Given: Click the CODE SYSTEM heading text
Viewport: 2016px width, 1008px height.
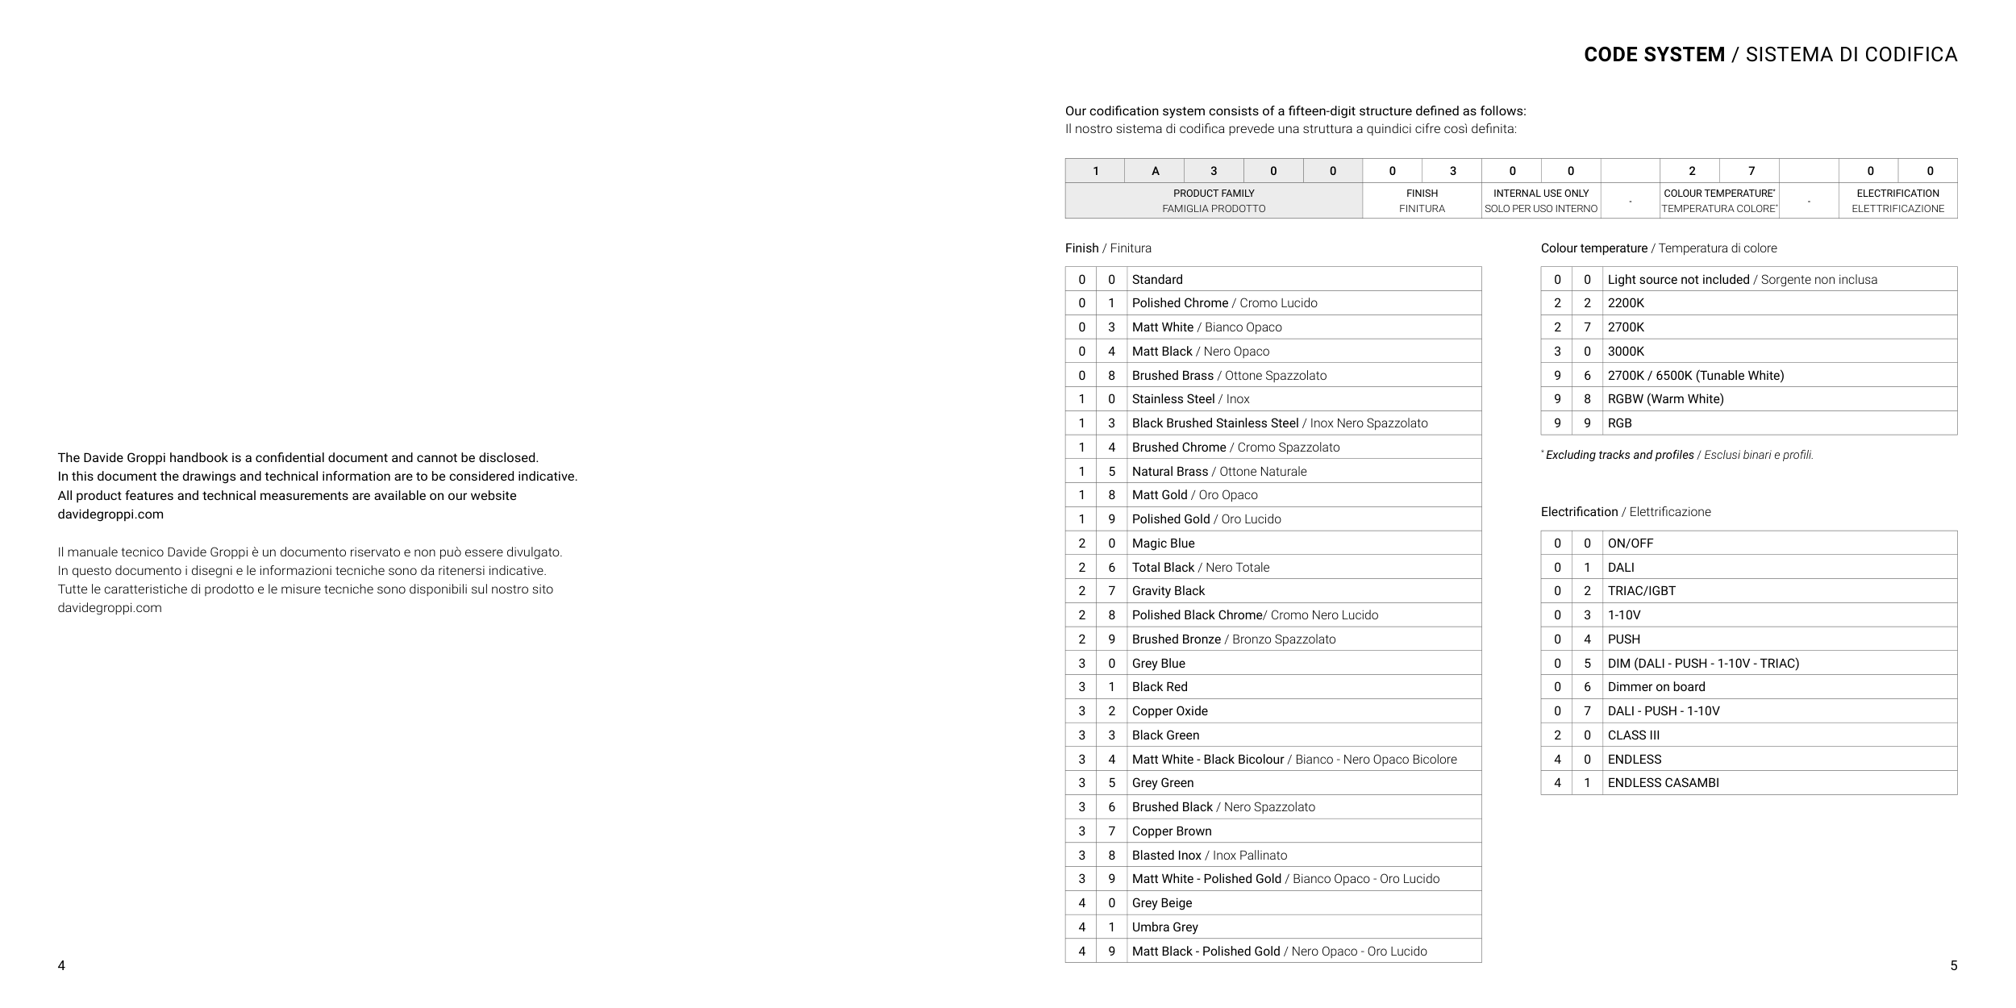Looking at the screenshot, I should tap(1654, 55).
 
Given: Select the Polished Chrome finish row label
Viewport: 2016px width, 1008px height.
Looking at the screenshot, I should tap(1180, 303).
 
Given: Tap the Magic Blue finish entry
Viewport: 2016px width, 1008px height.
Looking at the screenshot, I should tap(1163, 544).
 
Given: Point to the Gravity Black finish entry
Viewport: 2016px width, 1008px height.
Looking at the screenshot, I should tap(1168, 591).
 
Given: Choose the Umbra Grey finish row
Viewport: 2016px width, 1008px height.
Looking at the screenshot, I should tap(1164, 927).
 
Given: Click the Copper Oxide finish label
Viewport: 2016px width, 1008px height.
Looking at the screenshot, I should tap(1169, 711).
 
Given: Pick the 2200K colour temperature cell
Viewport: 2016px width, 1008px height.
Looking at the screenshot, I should tap(1626, 303).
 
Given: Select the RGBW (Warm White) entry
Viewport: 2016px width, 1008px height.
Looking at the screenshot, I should tap(1665, 399).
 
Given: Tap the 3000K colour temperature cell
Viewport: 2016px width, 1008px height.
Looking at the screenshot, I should tap(1626, 352).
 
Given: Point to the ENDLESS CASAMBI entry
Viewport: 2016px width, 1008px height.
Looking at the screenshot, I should tap(1663, 783).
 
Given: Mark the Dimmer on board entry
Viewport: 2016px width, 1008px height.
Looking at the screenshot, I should tap(1656, 687).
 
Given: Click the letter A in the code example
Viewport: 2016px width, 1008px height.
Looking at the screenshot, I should tap(1155, 171).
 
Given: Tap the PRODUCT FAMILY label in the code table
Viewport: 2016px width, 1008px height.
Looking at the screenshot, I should tap(1214, 194).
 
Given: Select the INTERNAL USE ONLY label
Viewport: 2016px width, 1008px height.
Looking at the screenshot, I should tap(1541, 194).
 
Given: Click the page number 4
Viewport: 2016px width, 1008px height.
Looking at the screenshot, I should tap(61, 966).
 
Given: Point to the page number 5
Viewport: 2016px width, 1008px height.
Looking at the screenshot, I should tap(1953, 966).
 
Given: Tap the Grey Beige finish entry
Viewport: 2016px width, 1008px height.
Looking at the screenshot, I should tap(1161, 903).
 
